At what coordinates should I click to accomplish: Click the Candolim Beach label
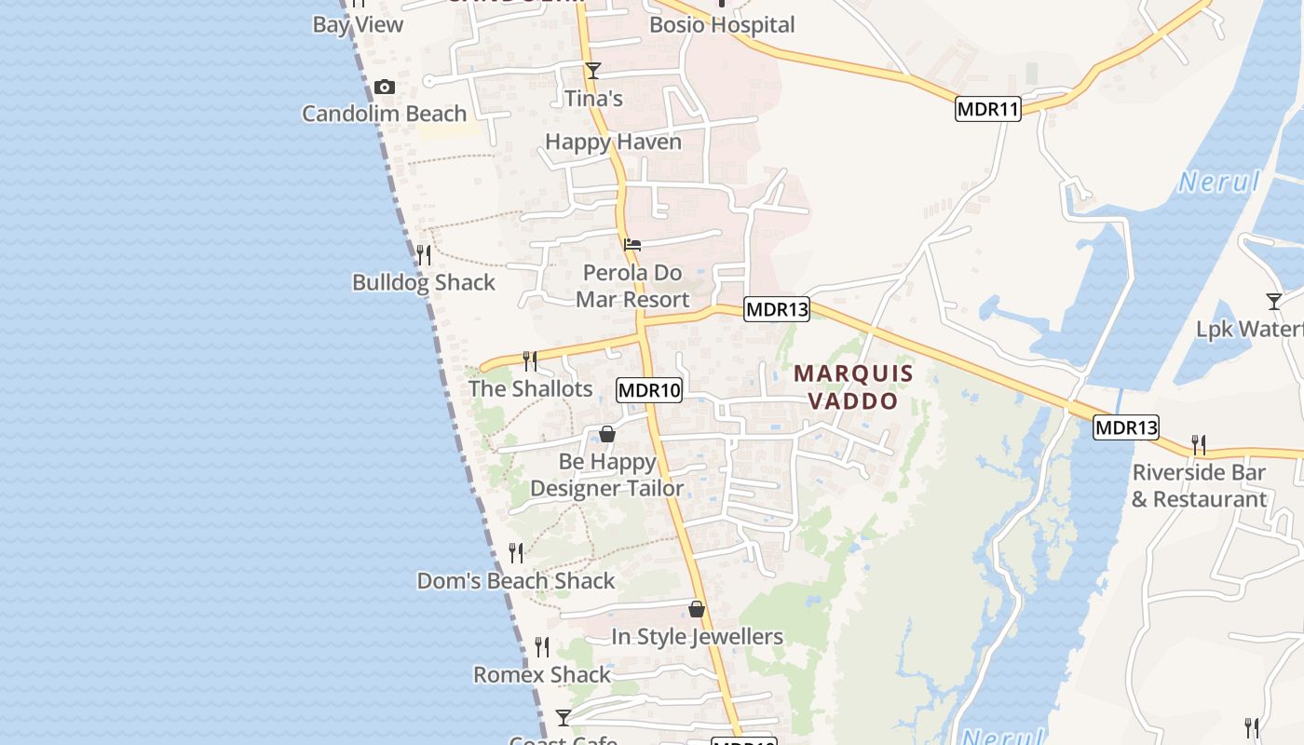[x=384, y=114]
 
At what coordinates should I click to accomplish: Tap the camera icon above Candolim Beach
[x=384, y=88]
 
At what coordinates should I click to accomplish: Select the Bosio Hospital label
[x=722, y=25]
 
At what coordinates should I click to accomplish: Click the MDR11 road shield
[x=988, y=109]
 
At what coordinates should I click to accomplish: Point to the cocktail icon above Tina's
[x=592, y=71]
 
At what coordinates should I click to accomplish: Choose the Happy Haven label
[x=613, y=142]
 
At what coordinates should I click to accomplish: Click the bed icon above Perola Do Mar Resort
[x=632, y=245]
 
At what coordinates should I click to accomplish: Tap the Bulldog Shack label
[x=424, y=283]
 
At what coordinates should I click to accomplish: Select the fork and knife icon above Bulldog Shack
[x=424, y=254]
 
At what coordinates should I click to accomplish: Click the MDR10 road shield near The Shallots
[x=649, y=390]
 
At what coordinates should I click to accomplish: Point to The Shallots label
[x=530, y=389]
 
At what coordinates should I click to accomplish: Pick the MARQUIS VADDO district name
[x=853, y=387]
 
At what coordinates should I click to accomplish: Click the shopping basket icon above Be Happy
[x=607, y=434]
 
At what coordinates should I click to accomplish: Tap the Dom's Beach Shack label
[x=516, y=581]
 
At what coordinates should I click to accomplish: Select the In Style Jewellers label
[x=697, y=637]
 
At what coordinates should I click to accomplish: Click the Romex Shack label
[x=542, y=675]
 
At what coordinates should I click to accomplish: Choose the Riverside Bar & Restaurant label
[x=1199, y=486]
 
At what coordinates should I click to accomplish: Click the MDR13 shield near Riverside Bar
[x=1126, y=427]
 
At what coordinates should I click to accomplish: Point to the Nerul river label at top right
[x=1218, y=183]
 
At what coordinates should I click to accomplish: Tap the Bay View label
[x=358, y=25]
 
